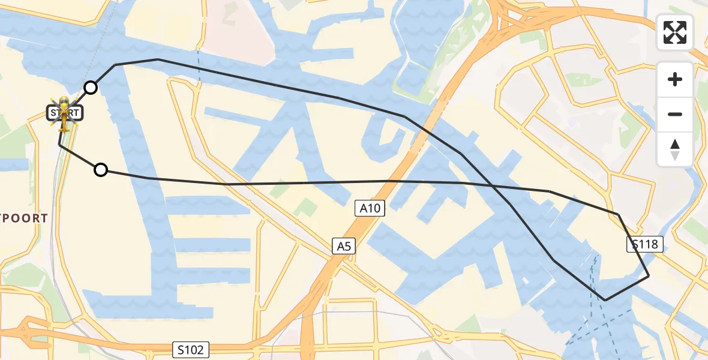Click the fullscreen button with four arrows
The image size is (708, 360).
pyautogui.click(x=675, y=32)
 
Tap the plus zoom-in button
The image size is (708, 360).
pyautogui.click(x=675, y=79)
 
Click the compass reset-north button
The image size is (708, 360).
pyautogui.click(x=675, y=149)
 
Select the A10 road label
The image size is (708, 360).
pyautogui.click(x=370, y=209)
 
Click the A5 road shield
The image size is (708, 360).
pyautogui.click(x=343, y=245)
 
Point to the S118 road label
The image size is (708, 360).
pyautogui.click(x=645, y=244)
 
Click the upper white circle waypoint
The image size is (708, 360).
pyautogui.click(x=90, y=88)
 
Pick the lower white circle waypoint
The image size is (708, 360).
pyautogui.click(x=101, y=170)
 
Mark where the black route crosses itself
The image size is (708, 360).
pyautogui.click(x=492, y=186)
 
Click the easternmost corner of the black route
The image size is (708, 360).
pyautogui.click(x=649, y=276)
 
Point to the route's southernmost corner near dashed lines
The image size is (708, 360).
pyautogui.click(x=605, y=300)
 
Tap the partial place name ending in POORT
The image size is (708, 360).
pyautogui.click(x=24, y=218)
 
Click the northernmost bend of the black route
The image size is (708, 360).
pyautogui.click(x=158, y=59)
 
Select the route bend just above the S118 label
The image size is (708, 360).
pyautogui.click(x=618, y=214)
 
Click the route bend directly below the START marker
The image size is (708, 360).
pyautogui.click(x=59, y=145)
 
